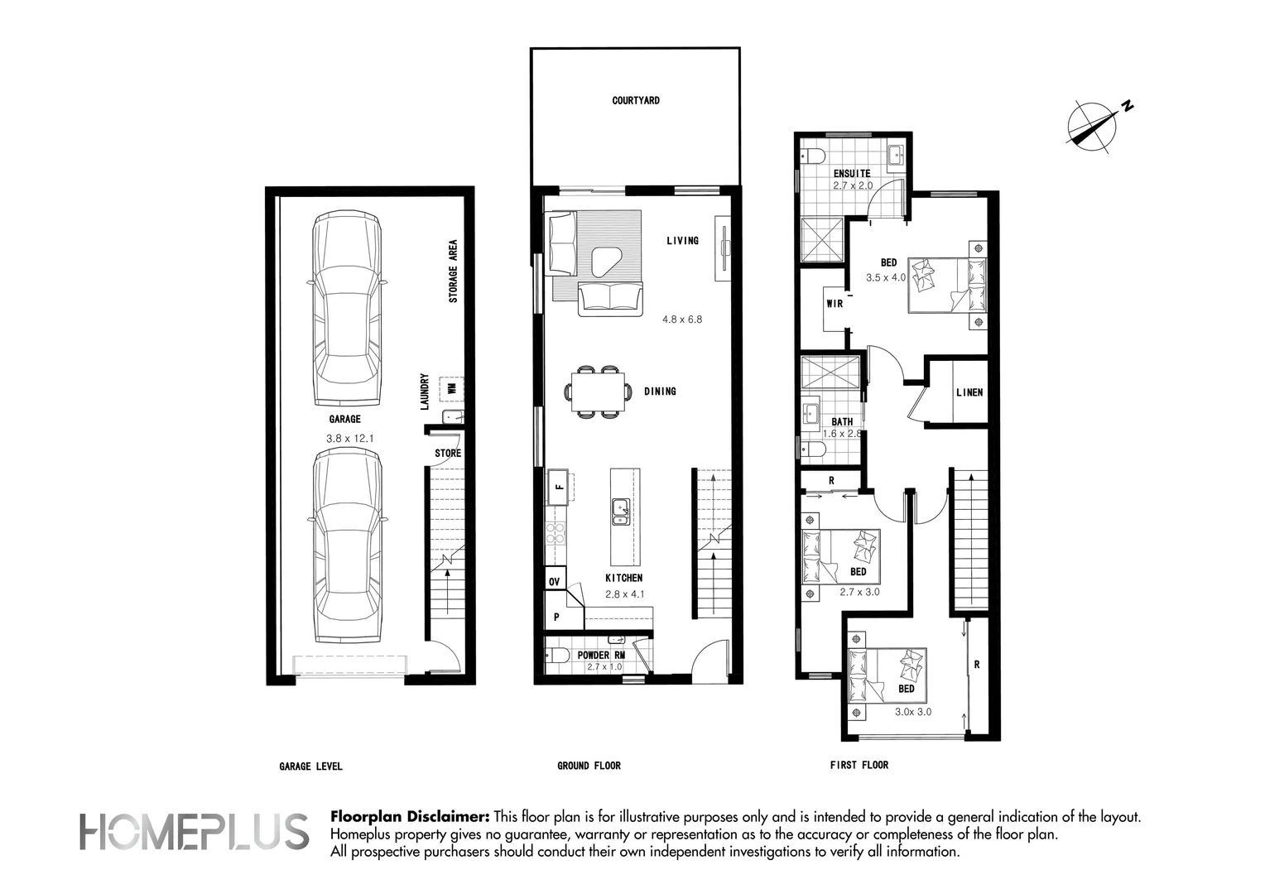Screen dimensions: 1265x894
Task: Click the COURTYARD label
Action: [x=635, y=100]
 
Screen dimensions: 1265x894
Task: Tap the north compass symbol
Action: [x=1094, y=125]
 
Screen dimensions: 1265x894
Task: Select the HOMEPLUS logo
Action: [x=194, y=832]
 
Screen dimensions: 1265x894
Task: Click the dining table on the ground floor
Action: [x=598, y=392]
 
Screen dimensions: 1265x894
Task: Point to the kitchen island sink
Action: [x=621, y=512]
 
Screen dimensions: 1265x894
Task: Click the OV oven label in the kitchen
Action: [x=554, y=582]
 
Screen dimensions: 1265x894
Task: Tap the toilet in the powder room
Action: [x=557, y=656]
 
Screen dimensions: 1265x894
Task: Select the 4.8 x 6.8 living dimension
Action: [x=682, y=319]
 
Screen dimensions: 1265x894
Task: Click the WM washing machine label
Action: [x=451, y=388]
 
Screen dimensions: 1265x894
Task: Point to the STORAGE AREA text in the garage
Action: [x=453, y=271]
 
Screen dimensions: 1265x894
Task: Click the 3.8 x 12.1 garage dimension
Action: [x=349, y=438]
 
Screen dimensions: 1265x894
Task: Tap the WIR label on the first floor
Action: [x=835, y=303]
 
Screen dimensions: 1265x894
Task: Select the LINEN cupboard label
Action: [x=969, y=392]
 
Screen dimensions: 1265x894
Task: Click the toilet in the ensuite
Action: [x=813, y=154]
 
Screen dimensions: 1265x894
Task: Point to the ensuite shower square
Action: [x=822, y=239]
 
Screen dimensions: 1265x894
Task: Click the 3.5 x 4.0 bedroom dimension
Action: [x=886, y=277]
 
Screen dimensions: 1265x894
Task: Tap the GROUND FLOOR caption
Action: [x=589, y=766]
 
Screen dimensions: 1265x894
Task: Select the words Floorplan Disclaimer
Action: [x=410, y=817]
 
